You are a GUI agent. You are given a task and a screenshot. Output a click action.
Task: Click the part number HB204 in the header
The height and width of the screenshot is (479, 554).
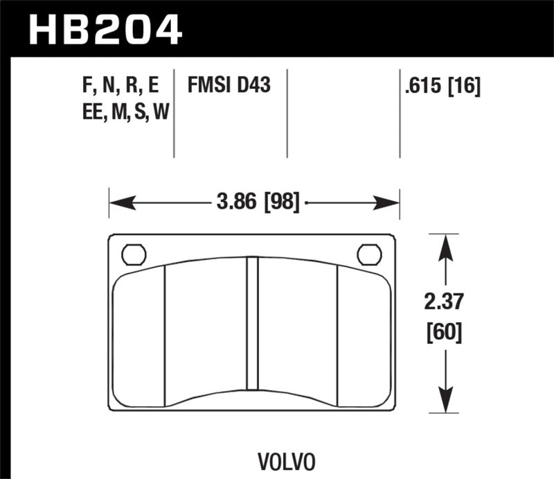pos(104,29)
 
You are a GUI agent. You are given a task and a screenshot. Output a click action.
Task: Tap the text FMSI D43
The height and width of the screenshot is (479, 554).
pos(229,86)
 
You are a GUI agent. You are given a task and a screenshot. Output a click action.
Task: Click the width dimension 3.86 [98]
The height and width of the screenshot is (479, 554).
pos(258,203)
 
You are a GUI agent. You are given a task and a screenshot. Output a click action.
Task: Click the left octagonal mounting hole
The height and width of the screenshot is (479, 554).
pos(133,254)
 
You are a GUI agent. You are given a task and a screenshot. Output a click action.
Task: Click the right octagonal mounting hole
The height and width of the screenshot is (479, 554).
pos(369,254)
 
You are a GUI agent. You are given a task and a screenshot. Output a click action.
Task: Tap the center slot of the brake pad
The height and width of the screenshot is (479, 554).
pos(252,331)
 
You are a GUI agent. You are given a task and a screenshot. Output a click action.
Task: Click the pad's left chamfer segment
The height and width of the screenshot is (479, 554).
pos(138,336)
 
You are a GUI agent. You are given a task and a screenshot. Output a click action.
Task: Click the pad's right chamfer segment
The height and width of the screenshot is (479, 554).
pos(364,336)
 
